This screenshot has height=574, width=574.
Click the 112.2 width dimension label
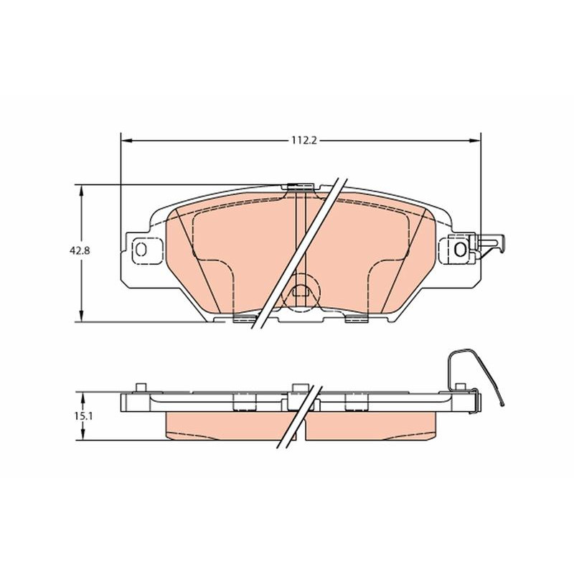[304, 140]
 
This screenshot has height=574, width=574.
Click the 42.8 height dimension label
[80, 250]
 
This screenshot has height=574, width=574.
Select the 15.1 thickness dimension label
[83, 416]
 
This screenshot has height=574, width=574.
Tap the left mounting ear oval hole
[141, 249]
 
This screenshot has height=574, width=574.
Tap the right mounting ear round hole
[460, 250]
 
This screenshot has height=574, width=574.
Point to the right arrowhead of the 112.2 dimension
[475, 140]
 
